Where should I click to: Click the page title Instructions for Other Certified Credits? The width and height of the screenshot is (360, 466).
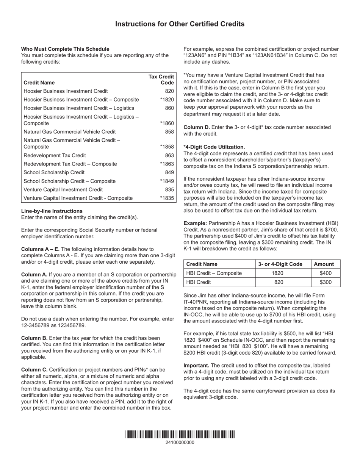[180, 24]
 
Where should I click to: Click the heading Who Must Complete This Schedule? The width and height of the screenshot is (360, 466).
[65, 49]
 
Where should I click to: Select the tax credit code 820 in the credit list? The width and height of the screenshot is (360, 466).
[169, 91]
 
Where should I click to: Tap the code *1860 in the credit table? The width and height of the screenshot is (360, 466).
[167, 124]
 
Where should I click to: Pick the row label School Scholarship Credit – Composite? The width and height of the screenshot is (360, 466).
[69, 181]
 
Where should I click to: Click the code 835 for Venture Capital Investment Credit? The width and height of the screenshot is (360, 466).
[169, 189]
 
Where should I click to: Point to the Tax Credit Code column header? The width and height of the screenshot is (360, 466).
[161, 80]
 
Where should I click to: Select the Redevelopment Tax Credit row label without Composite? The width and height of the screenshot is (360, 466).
[55, 155]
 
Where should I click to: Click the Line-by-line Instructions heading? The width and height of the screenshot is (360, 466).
[52, 211]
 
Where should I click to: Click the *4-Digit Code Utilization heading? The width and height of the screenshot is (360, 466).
[214, 147]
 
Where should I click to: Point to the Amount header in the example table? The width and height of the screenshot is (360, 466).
[324, 264]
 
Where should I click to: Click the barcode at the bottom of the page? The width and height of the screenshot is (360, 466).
[180, 434]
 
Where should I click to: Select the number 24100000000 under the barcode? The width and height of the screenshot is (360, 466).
[180, 443]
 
